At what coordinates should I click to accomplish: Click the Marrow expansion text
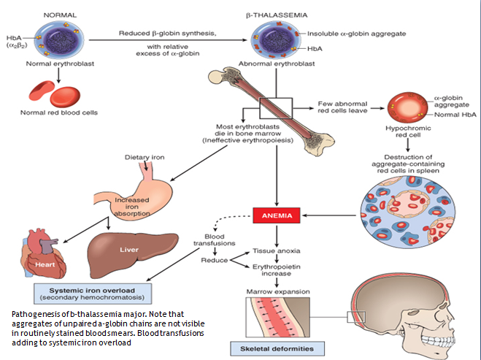pyautogui.click(x=274, y=292)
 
